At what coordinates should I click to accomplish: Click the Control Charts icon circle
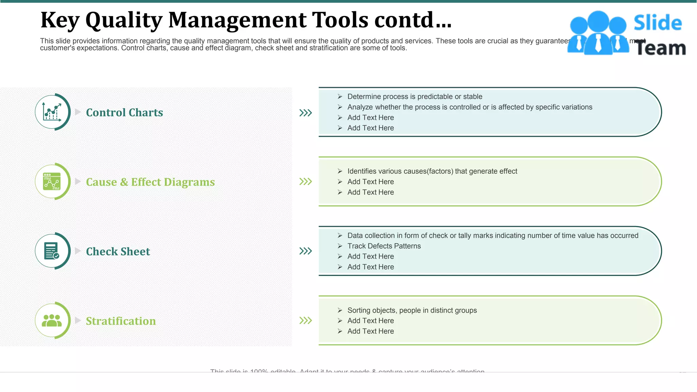[x=52, y=112]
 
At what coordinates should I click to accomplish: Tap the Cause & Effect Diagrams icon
[x=52, y=181]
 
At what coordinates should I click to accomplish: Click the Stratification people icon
[x=52, y=320]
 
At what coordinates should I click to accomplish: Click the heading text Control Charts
[x=124, y=113]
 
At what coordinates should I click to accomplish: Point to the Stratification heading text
[x=120, y=321]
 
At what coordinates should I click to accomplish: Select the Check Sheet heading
[x=118, y=251]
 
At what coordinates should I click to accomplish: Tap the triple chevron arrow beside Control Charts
[x=305, y=113]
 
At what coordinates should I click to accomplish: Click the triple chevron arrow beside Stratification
[x=305, y=320]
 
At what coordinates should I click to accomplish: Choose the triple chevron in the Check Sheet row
[x=305, y=251]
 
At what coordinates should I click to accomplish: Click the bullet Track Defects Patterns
[x=384, y=246]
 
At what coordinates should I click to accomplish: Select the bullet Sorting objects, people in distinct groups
[x=412, y=310]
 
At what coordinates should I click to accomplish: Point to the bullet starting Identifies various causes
[x=432, y=171]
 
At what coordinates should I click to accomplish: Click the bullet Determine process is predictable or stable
[x=415, y=97]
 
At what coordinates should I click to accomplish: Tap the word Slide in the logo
[x=657, y=23]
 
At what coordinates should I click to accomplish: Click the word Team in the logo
[x=661, y=48]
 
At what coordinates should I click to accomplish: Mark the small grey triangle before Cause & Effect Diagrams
[x=78, y=181]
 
